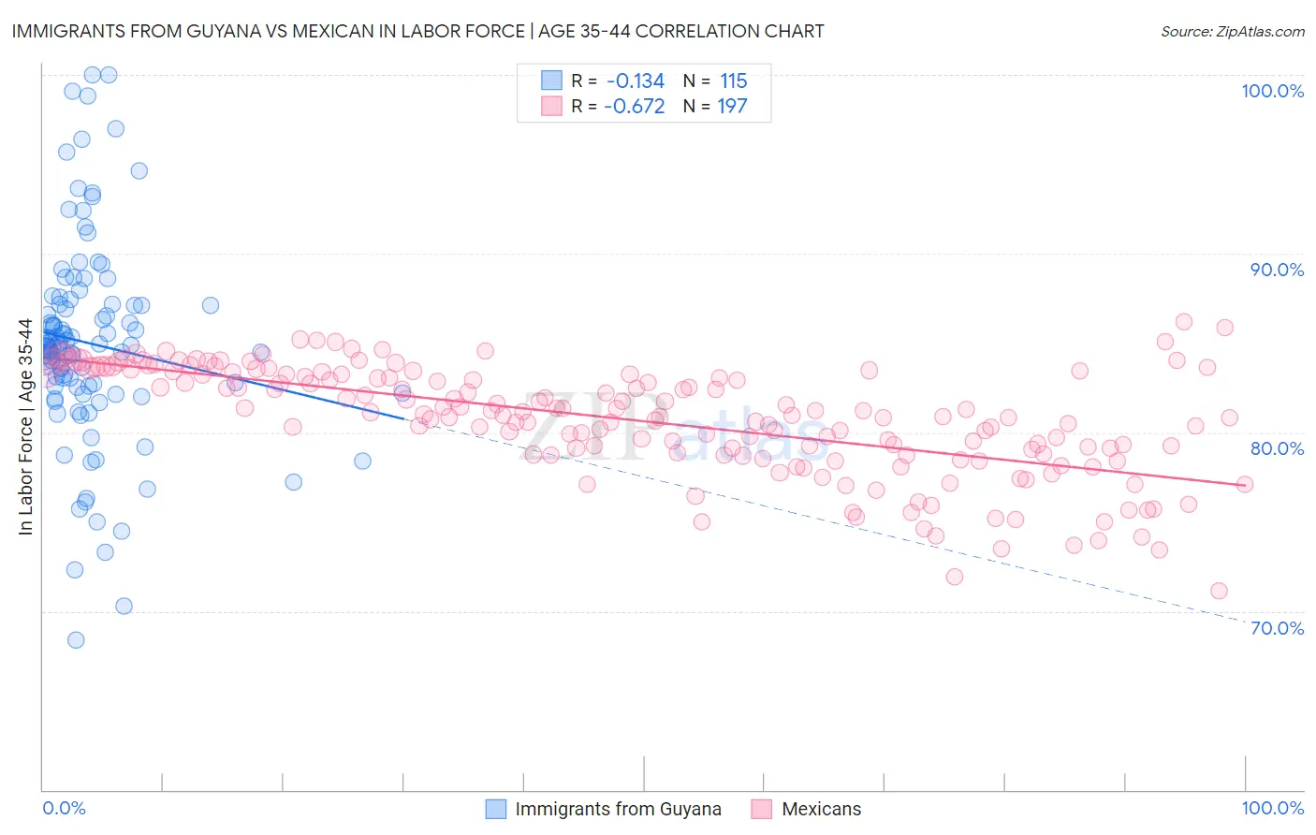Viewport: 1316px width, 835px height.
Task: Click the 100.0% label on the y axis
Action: coord(1272,91)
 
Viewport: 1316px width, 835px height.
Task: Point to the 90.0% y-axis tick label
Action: coord(1277,270)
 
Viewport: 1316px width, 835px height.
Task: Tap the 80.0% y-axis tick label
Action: coord(1277,448)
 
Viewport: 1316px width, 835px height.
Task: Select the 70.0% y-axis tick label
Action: coord(1277,627)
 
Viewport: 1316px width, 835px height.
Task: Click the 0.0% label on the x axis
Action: coord(64,808)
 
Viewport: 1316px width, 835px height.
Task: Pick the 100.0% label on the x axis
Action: coord(1272,808)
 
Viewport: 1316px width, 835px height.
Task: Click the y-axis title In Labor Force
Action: coord(25,427)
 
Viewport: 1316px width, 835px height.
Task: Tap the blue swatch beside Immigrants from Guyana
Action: coord(496,809)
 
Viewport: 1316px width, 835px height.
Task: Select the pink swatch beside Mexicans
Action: coord(761,809)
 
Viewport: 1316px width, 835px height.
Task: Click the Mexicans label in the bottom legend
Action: coord(821,809)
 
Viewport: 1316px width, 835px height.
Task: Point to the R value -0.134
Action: coord(635,81)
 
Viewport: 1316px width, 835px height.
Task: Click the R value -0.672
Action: coord(635,106)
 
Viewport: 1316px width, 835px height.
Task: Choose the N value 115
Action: coord(733,81)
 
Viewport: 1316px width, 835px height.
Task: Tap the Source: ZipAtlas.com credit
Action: coord(1232,31)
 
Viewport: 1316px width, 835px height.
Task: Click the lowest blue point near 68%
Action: coord(76,640)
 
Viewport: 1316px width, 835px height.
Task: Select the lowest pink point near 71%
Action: coord(1219,591)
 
